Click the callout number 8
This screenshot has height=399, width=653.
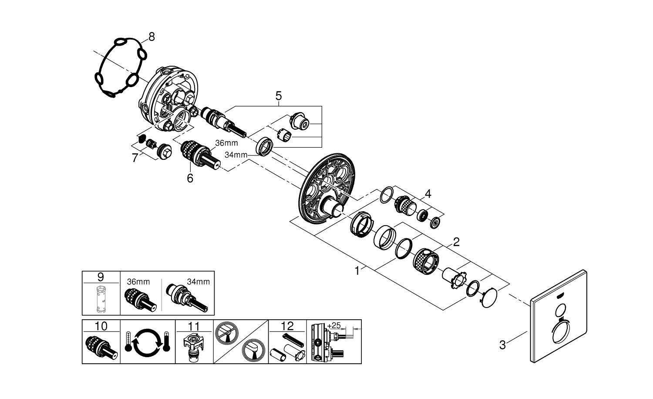[x=151, y=37]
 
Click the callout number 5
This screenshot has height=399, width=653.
[x=279, y=95]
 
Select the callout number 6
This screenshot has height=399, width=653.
[x=190, y=178]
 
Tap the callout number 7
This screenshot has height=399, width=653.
[x=135, y=158]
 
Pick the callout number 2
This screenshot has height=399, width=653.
[x=456, y=242]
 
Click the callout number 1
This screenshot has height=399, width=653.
[x=357, y=271]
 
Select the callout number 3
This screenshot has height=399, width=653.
[x=503, y=345]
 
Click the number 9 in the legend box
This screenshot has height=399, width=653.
[x=101, y=276]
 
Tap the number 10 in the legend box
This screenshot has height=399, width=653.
[x=101, y=326]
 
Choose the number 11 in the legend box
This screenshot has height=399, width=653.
[x=194, y=326]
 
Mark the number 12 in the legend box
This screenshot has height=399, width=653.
[x=287, y=326]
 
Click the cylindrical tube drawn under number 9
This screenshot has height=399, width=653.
[x=101, y=298]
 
